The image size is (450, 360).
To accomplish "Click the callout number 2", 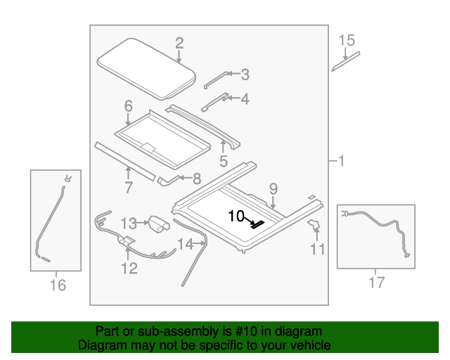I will [x=179, y=42].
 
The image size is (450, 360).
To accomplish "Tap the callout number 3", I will [x=244, y=73].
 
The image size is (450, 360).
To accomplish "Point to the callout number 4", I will [x=244, y=99].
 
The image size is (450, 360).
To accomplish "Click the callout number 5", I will [x=223, y=161].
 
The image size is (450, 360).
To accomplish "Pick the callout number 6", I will [x=128, y=106].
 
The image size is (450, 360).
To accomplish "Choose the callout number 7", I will [x=128, y=187].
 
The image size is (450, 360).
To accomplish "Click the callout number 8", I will [x=196, y=179].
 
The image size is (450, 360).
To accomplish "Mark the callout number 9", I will [x=273, y=188].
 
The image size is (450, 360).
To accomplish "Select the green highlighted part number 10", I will [x=258, y=224].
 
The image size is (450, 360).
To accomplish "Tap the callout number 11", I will [x=318, y=248].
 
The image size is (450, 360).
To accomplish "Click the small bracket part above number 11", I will [x=314, y=224].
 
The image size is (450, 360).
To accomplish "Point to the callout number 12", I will [x=129, y=268].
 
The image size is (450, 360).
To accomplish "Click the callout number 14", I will [x=185, y=245].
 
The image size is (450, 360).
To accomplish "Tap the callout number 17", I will [x=377, y=283].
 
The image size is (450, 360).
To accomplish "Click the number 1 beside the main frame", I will [x=340, y=162].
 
